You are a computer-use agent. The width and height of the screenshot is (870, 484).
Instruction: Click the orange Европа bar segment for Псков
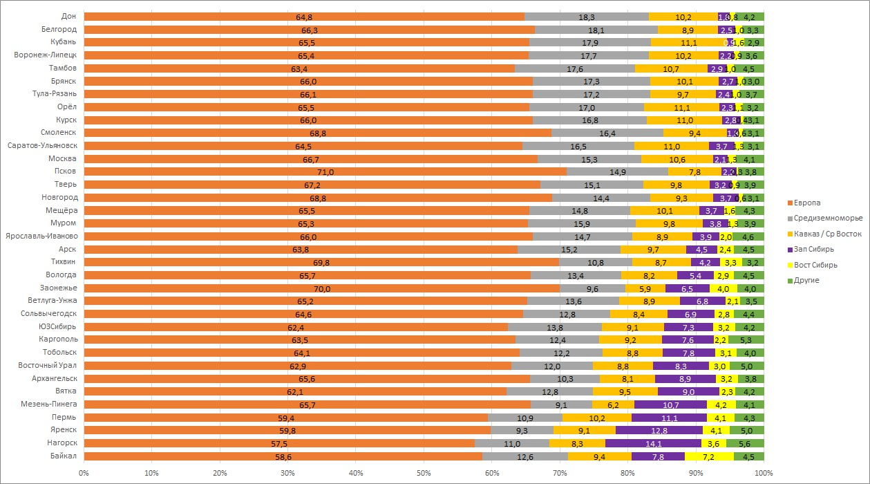click(325, 171)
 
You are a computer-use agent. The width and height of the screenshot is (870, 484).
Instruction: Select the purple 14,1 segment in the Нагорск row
click(653, 443)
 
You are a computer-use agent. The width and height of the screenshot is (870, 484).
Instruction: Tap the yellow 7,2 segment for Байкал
click(708, 456)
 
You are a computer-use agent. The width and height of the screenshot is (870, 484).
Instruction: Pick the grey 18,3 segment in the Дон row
click(587, 17)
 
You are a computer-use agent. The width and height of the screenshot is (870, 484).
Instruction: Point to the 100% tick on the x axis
click(764, 474)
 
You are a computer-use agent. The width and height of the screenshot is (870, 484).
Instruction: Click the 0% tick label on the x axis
click(84, 474)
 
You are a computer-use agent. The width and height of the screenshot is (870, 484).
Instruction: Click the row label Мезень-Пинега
click(50, 404)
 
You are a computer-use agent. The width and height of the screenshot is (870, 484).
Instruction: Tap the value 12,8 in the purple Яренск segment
click(659, 430)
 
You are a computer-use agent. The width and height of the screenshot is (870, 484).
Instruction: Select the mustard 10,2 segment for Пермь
click(596, 418)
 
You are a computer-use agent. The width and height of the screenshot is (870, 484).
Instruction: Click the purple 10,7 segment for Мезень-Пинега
click(670, 404)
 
